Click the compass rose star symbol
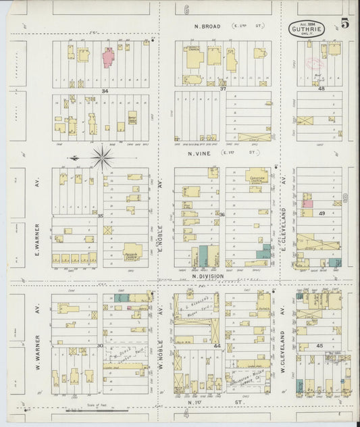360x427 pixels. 102,158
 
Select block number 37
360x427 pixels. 222,89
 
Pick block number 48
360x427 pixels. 322,89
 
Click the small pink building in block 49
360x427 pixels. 307,203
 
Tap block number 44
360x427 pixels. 217,345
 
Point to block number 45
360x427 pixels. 320,345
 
